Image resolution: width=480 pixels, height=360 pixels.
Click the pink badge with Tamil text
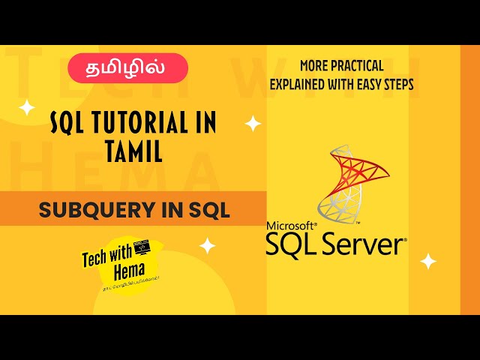[128, 67]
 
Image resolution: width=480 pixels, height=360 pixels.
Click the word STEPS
[399, 84]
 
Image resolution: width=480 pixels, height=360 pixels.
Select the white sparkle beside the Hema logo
[207, 245]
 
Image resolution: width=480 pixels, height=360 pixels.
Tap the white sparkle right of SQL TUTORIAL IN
[253, 124]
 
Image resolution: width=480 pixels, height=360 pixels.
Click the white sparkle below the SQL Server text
[428, 261]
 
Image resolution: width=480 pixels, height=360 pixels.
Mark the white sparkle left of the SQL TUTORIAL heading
[27, 108]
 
